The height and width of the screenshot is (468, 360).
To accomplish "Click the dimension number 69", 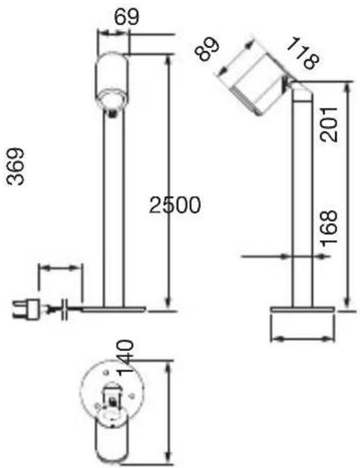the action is point(127,17).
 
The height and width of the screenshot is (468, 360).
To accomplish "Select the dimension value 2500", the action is point(175,205).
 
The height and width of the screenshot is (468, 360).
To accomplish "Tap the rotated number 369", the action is point(15,167).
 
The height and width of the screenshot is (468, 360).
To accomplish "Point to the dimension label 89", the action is point(207,49).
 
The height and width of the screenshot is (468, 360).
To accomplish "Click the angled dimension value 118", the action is point(303,53).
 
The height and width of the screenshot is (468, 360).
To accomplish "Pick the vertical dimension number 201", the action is point(328,125).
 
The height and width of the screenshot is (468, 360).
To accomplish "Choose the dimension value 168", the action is point(329,228).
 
